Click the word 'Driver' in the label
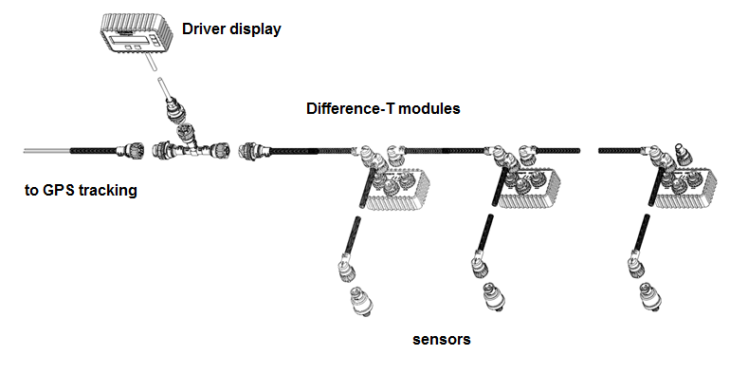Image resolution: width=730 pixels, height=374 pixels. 206,29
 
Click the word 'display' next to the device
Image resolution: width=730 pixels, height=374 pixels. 257,29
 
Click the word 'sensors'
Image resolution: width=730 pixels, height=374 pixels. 442,338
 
